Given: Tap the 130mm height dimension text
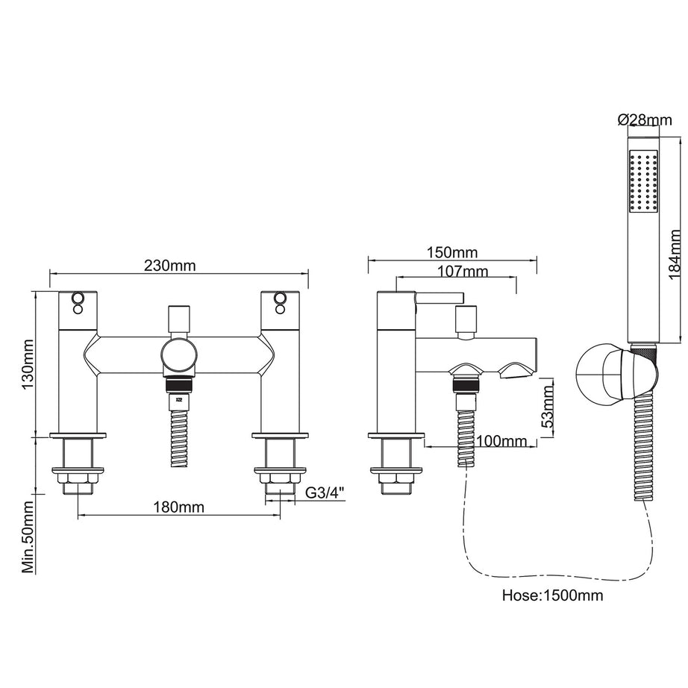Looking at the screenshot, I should point(29,364).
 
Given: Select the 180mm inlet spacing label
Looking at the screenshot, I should point(179,508).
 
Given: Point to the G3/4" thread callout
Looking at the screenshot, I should point(326,492).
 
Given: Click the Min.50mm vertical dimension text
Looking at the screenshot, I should point(29,537).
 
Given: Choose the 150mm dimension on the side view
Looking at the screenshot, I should point(453,254).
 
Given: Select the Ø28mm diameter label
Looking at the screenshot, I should point(644,120).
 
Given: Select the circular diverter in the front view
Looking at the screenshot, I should point(179,357).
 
